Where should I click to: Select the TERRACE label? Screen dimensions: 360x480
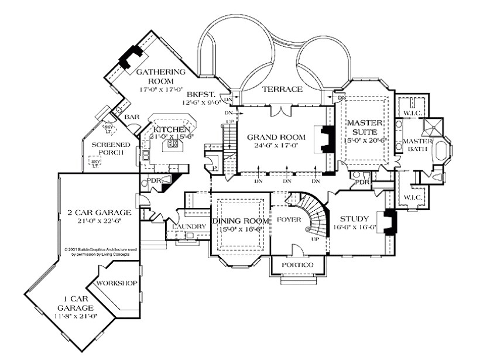coord(282,90)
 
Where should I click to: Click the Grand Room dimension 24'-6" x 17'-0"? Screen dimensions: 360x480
coord(273,146)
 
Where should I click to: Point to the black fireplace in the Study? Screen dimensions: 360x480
coord(390,222)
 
